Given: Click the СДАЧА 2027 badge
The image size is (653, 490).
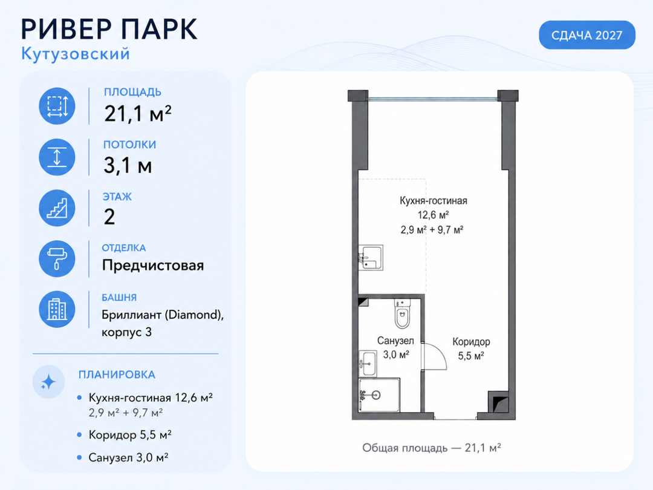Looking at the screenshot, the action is click(586, 35).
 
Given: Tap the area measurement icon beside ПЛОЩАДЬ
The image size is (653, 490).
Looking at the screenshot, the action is click(57, 106).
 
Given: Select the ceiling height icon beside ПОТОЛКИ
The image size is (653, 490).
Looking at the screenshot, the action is click(57, 157).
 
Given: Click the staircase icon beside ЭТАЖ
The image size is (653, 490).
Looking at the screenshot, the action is click(57, 208).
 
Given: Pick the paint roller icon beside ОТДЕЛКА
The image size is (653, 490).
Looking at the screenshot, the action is click(57, 259).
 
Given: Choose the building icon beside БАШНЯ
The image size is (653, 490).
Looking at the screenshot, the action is click(57, 309).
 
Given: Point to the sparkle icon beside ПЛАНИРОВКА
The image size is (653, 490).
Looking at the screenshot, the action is click(49, 382).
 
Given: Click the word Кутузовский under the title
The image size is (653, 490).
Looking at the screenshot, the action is click(76, 54).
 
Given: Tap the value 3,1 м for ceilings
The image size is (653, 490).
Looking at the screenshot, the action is click(128, 165).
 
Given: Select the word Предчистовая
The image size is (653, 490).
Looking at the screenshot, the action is click(153, 266).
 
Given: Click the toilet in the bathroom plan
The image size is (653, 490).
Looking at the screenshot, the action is click(402, 315).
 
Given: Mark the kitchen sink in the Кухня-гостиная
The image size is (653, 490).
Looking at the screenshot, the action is click(371, 257).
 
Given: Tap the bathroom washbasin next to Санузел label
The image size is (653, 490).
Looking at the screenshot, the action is click(368, 364).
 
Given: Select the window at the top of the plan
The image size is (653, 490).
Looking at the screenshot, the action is click(433, 99).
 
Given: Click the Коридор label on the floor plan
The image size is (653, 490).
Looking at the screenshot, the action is click(471, 342).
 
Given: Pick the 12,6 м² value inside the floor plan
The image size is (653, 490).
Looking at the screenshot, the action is click(433, 215).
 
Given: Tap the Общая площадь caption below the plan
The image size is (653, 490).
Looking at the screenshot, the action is click(432, 448).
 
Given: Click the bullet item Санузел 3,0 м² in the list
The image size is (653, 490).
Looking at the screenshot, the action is click(128, 457).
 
